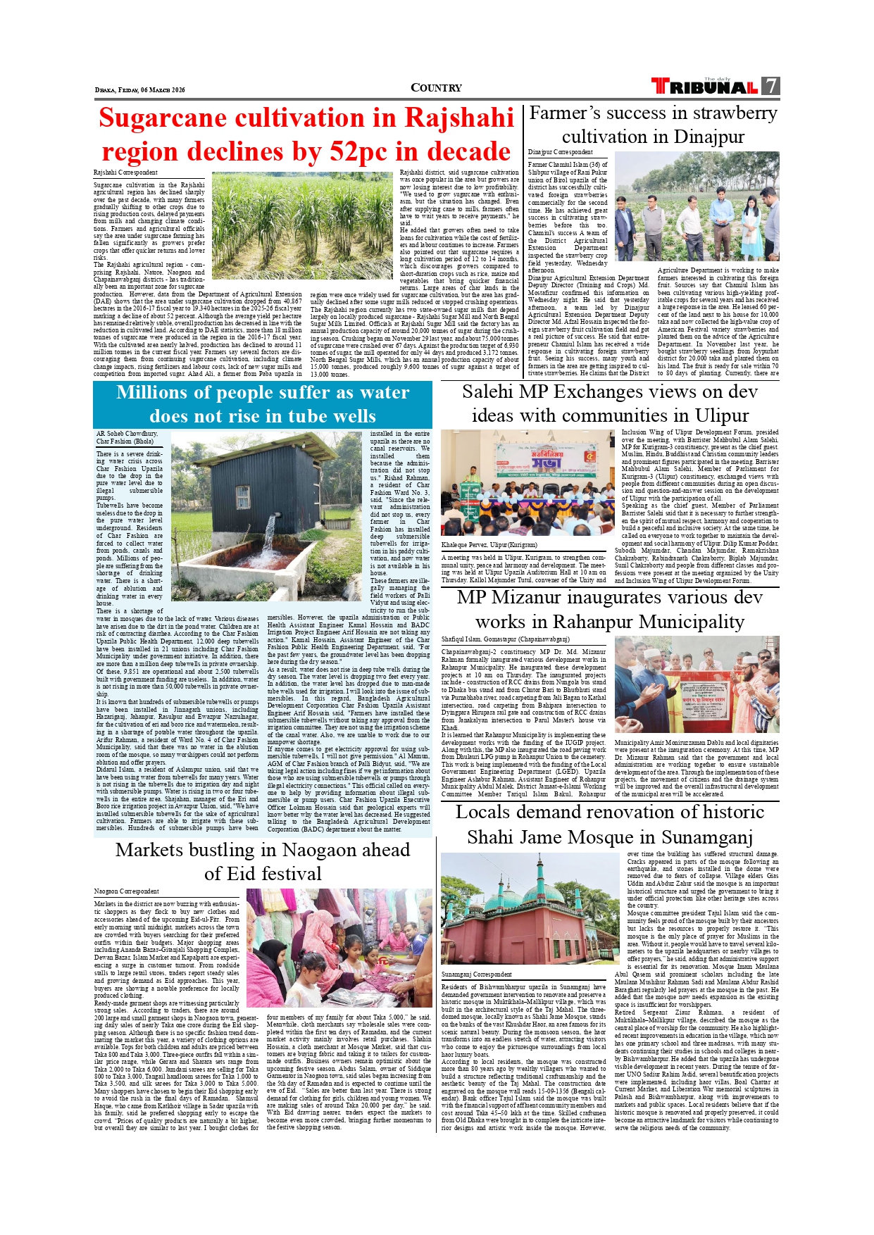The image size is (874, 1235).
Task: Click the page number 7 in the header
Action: (x=771, y=86)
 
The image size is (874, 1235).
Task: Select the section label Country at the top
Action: (x=436, y=88)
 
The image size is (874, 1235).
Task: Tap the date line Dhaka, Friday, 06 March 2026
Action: (x=139, y=90)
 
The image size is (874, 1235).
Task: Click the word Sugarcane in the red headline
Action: (x=179, y=118)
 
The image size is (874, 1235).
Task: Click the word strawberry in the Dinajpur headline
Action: (x=733, y=113)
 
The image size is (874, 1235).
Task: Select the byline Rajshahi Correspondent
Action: (x=125, y=173)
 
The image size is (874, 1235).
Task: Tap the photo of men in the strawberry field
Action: (x=697, y=207)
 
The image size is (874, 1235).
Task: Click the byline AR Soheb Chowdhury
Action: (x=127, y=434)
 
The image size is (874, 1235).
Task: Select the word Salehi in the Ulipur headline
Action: (x=492, y=392)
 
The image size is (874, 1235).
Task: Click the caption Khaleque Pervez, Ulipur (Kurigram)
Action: (x=489, y=545)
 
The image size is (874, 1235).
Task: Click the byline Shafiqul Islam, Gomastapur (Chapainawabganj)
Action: (x=505, y=639)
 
